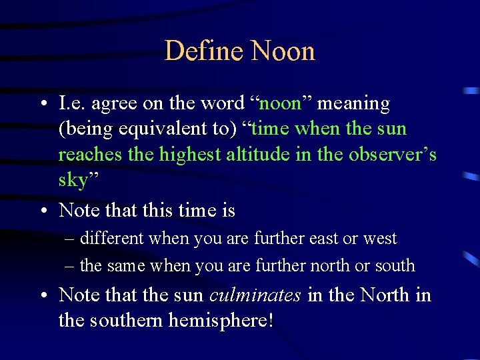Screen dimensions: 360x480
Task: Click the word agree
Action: click(x=113, y=104)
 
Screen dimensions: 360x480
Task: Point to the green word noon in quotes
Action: click(x=280, y=104)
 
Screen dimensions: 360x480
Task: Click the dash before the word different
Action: click(x=70, y=239)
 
